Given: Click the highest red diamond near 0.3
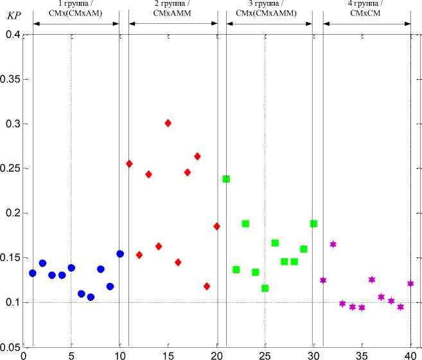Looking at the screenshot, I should click(x=168, y=123).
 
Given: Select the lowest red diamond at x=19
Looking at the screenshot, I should click(x=207, y=286).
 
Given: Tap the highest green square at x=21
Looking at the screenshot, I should click(x=226, y=179).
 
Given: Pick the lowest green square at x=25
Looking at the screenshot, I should click(x=265, y=288).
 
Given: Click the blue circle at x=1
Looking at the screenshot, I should click(x=33, y=273).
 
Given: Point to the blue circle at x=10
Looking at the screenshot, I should click(x=120, y=254).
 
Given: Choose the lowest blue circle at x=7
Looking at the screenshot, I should click(x=91, y=297).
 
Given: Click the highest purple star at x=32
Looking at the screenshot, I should click(x=333, y=244).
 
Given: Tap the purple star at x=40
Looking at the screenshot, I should click(x=410, y=283).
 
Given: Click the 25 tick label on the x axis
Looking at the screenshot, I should click(x=265, y=355).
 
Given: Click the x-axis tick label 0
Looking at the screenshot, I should click(x=23, y=355).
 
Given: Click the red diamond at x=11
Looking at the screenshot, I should click(x=129, y=164).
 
